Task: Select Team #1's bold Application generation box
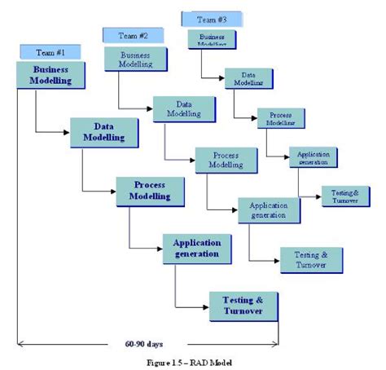[x=195, y=248]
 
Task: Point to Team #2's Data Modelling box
[x=184, y=109]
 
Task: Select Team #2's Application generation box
[x=269, y=209]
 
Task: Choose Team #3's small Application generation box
[x=314, y=157]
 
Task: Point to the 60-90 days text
[x=146, y=343]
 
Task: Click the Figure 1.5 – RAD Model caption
[x=193, y=362]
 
